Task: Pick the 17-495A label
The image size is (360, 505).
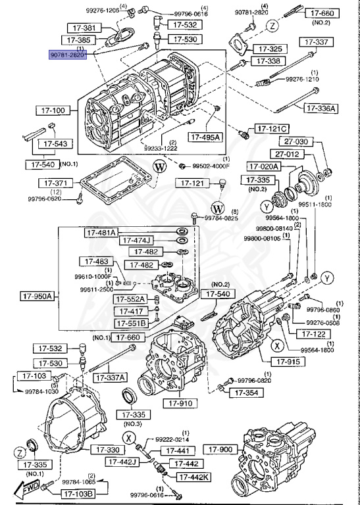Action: click(x=207, y=137)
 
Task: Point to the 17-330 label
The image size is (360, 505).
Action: click(x=106, y=450)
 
